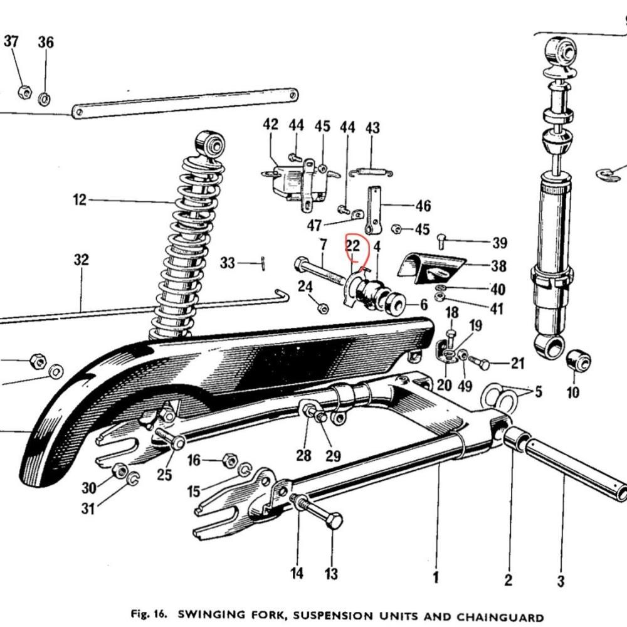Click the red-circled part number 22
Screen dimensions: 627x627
coord(352,246)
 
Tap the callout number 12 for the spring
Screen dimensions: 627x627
coord(80,199)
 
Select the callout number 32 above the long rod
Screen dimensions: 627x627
coord(81,260)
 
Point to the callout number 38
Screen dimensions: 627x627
coord(498,266)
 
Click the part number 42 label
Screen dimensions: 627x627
coord(270,124)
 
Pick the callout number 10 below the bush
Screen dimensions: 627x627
coord(572,393)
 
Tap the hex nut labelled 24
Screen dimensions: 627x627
coord(323,308)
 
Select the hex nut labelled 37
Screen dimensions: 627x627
coord(25,92)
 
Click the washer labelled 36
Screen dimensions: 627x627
coord(45,98)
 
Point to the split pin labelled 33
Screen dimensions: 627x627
coord(263,263)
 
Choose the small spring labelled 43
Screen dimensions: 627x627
coord(371,173)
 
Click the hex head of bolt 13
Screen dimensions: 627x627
coord(334,520)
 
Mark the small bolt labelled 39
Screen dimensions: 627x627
coord(442,241)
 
